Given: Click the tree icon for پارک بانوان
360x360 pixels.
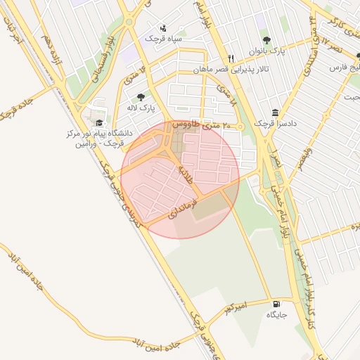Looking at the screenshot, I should point(266,40).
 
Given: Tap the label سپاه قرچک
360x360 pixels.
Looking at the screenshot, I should point(164,39).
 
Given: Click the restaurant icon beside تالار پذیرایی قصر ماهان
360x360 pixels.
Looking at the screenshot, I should point(231,58).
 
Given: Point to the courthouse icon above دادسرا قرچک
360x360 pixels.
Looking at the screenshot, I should point(274,112).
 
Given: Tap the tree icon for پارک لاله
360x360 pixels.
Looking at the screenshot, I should point(141,97).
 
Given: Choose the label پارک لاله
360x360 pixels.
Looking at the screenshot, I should point(141,108).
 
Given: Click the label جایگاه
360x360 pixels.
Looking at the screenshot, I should point(276,314).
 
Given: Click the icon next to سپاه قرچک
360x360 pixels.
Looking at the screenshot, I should point(164,29).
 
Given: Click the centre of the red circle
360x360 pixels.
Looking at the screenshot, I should point(180,179).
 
